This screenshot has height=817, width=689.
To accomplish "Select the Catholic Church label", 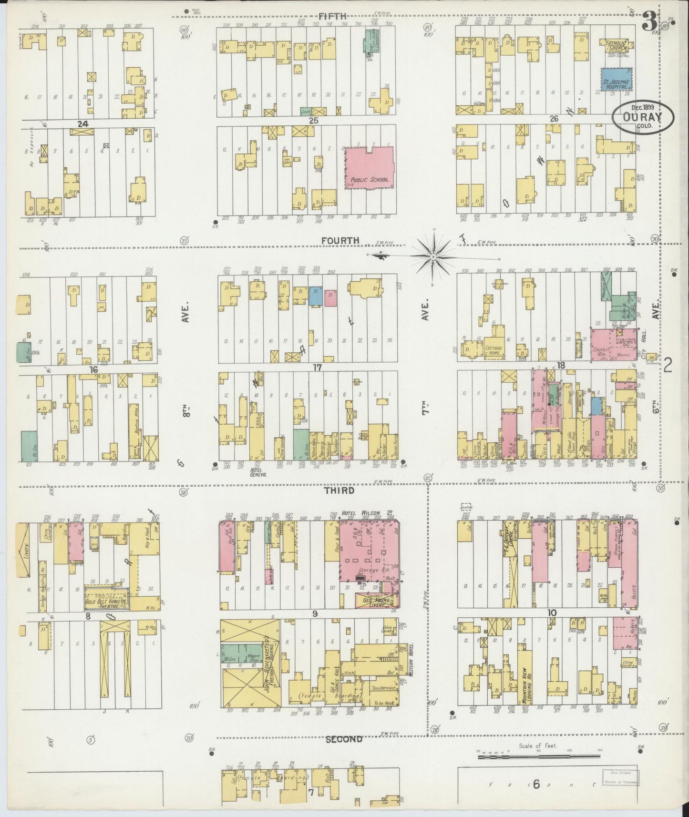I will pos(618,45).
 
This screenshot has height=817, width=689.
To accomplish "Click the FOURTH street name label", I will pos(340,241).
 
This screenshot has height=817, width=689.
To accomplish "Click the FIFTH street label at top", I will pos(332,16).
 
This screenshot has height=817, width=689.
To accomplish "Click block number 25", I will pos(313,121).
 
